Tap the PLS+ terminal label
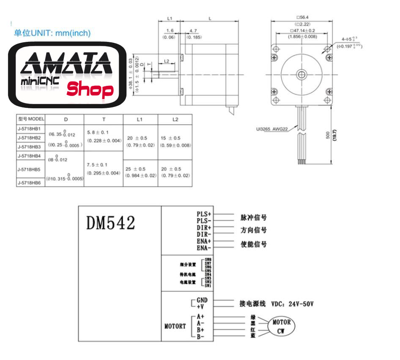(204, 214)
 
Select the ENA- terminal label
(204, 247)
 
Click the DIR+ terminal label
(204, 227)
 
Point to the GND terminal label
(202, 300)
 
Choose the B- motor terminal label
(200, 336)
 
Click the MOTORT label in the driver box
(175, 326)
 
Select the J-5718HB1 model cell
(30, 128)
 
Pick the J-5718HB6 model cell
(30, 183)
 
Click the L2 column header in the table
(175, 120)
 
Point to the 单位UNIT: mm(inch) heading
(52, 33)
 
